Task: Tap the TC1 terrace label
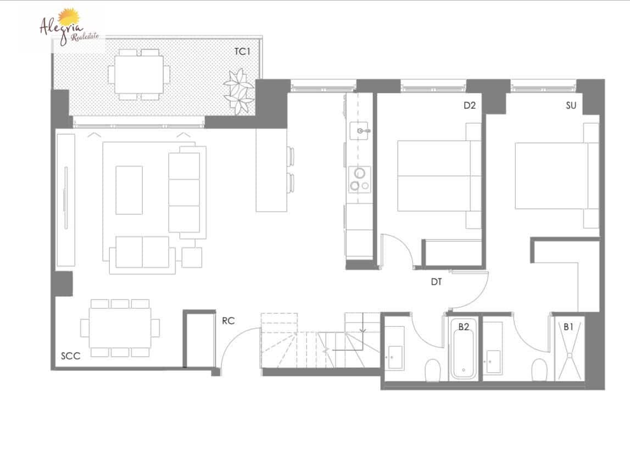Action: click(x=242, y=52)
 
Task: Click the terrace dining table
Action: click(x=138, y=74)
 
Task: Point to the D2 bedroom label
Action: click(x=469, y=106)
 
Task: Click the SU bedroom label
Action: click(x=571, y=106)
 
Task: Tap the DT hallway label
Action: click(x=436, y=282)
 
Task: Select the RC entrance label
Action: click(x=228, y=321)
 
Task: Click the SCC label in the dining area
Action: click(x=70, y=356)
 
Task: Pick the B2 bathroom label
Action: click(x=464, y=326)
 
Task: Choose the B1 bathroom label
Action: click(x=568, y=326)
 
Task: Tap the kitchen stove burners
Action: click(x=359, y=179)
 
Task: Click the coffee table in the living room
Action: click(x=129, y=190)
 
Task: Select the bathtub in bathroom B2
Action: click(x=463, y=352)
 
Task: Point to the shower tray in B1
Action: click(x=568, y=354)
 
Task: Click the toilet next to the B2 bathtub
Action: click(x=433, y=370)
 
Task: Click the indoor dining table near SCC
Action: click(x=120, y=328)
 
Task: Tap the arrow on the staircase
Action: click(x=363, y=330)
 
